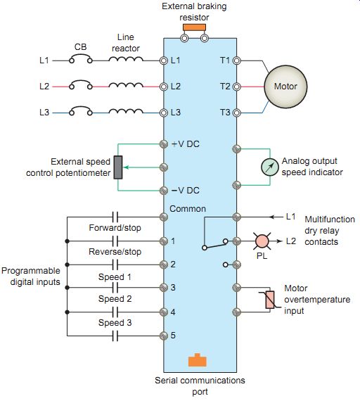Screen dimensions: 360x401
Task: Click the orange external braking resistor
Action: (x=194, y=27)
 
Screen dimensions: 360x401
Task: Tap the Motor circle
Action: (x=285, y=87)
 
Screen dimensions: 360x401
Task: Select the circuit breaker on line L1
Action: (x=81, y=58)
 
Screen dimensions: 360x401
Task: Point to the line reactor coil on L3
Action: (x=126, y=111)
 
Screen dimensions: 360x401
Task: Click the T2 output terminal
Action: (x=237, y=87)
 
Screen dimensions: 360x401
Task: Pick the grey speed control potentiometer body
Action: (x=118, y=167)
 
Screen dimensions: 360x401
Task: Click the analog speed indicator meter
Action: (x=270, y=167)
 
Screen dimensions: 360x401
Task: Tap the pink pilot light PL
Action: (x=262, y=241)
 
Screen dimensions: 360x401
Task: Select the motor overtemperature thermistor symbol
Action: (x=269, y=300)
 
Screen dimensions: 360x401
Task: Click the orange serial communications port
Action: (x=197, y=360)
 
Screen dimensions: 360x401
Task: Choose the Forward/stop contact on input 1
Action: (x=115, y=241)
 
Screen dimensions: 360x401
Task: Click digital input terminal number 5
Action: (x=164, y=336)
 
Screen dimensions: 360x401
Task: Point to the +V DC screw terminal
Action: (x=164, y=144)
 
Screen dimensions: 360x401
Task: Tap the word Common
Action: (x=188, y=209)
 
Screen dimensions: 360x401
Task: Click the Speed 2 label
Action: (x=115, y=299)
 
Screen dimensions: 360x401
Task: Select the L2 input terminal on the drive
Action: (x=164, y=87)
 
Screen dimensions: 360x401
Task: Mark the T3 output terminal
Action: (x=237, y=113)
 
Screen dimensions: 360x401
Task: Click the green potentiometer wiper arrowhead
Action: (x=126, y=167)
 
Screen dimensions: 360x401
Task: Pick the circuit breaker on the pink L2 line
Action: (x=81, y=84)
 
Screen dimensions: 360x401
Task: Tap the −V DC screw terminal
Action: (x=164, y=191)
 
